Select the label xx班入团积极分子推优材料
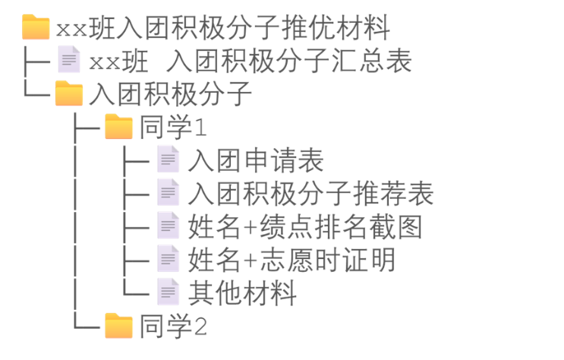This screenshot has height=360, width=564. click(x=222, y=29)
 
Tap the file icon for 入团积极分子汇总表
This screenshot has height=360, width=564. click(x=69, y=59)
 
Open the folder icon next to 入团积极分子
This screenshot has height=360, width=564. click(x=69, y=93)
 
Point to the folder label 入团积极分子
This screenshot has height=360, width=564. click(x=170, y=94)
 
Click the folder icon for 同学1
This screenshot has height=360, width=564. click(x=118, y=126)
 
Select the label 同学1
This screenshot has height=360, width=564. click(x=173, y=128)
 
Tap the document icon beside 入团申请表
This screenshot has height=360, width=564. click(x=168, y=159)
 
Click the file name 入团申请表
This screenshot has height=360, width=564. click(x=256, y=161)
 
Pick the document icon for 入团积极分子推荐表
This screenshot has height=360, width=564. click(x=168, y=192)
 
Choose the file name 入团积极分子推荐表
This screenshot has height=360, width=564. click(x=310, y=194)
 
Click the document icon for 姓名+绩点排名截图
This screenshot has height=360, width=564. click(x=168, y=226)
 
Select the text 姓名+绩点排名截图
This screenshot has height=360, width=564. click(x=304, y=227)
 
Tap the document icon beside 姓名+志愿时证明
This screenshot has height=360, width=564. click(x=168, y=259)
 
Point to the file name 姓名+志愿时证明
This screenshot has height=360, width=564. click(x=291, y=261)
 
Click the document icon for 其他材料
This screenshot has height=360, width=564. click(x=168, y=292)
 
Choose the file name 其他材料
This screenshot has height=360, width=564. click(x=242, y=294)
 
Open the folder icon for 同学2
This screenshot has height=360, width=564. click(x=118, y=326)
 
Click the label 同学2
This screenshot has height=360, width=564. click(x=173, y=327)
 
